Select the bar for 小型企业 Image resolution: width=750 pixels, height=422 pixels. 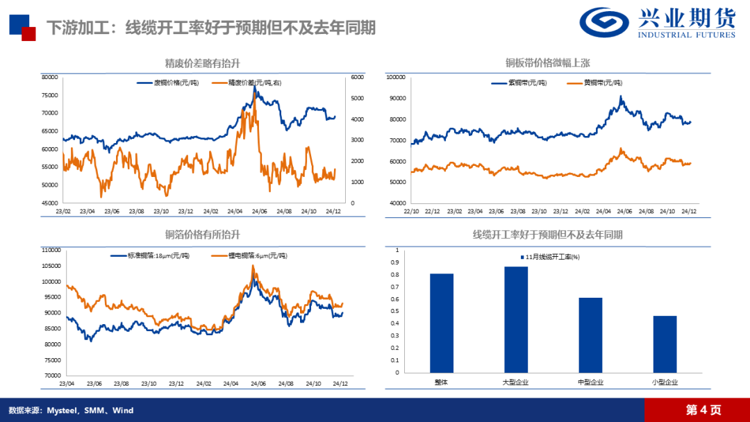click(x=665, y=344)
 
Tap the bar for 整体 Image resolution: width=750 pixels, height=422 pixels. click(x=441, y=323)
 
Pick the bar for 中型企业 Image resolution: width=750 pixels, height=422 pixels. click(x=590, y=335)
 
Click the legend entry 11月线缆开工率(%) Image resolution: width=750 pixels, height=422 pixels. click(x=551, y=257)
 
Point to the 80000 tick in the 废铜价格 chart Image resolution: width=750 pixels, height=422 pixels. click(x=49, y=77)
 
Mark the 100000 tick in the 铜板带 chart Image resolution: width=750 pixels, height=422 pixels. click(x=395, y=78)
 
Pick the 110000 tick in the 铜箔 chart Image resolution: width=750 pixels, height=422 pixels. click(x=51, y=250)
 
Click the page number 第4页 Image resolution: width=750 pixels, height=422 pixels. click(x=703, y=410)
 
